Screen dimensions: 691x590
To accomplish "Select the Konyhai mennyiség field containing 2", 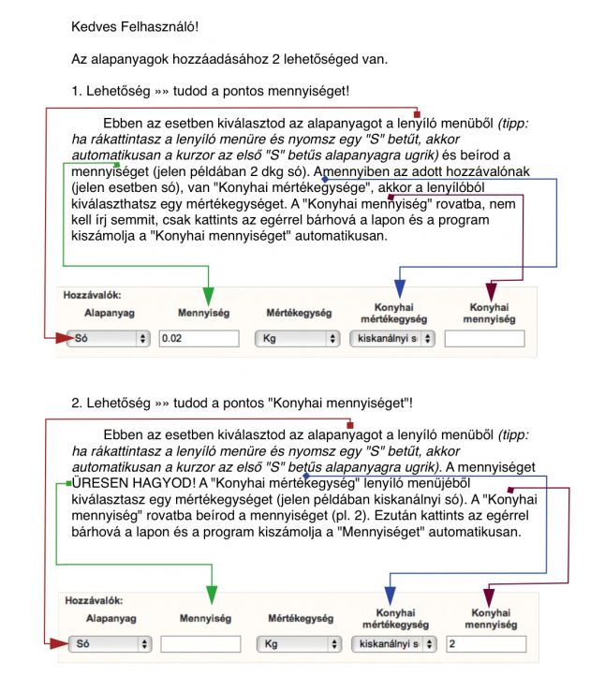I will click(x=485, y=644).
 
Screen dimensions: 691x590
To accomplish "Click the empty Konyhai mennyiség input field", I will click(x=485, y=339).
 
